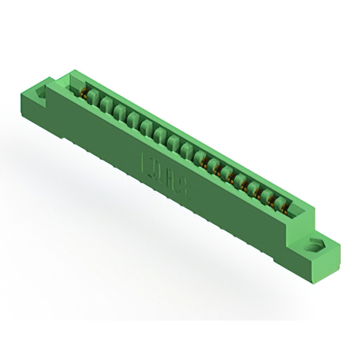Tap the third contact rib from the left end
tap(120, 112)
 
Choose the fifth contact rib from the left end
tap(147, 126)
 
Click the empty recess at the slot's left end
tap(76, 85)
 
